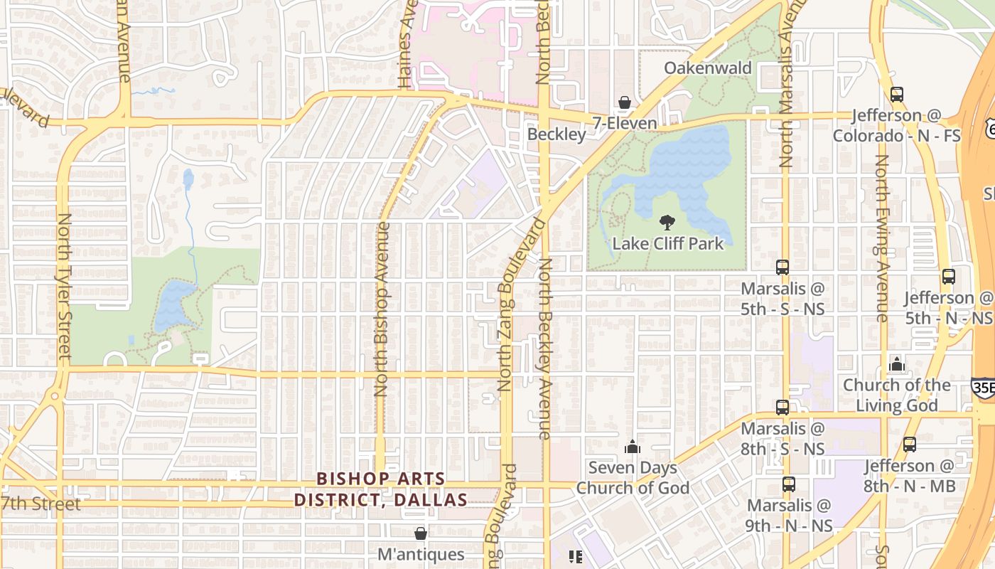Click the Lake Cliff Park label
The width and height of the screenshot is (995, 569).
tap(667, 243)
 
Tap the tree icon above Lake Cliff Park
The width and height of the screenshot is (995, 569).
tap(667, 223)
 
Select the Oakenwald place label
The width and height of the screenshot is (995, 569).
tap(707, 68)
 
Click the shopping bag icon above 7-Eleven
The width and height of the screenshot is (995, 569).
tap(624, 103)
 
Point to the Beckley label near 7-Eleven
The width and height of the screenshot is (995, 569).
tap(556, 134)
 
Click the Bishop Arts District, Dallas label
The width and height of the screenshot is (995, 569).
tap(381, 489)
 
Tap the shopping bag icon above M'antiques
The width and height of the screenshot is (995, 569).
tap(421, 533)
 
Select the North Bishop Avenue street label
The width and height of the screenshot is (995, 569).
tap(382, 309)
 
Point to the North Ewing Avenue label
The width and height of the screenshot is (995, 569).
tap(881, 238)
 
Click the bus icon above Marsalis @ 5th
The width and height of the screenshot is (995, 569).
tap(782, 267)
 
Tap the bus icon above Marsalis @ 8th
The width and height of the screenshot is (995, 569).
tap(782, 408)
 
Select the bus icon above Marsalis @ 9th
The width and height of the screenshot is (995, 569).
tap(788, 484)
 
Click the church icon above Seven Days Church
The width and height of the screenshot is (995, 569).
tap(632, 447)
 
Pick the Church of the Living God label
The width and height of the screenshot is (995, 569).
tap(896, 395)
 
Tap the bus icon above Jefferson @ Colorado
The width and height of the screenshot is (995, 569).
tap(897, 94)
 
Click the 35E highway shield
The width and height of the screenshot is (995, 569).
tap(982, 386)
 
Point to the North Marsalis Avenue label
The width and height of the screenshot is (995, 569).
tap(785, 85)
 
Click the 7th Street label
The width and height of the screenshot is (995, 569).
tap(41, 504)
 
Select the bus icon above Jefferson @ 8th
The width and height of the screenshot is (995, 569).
tap(909, 445)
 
